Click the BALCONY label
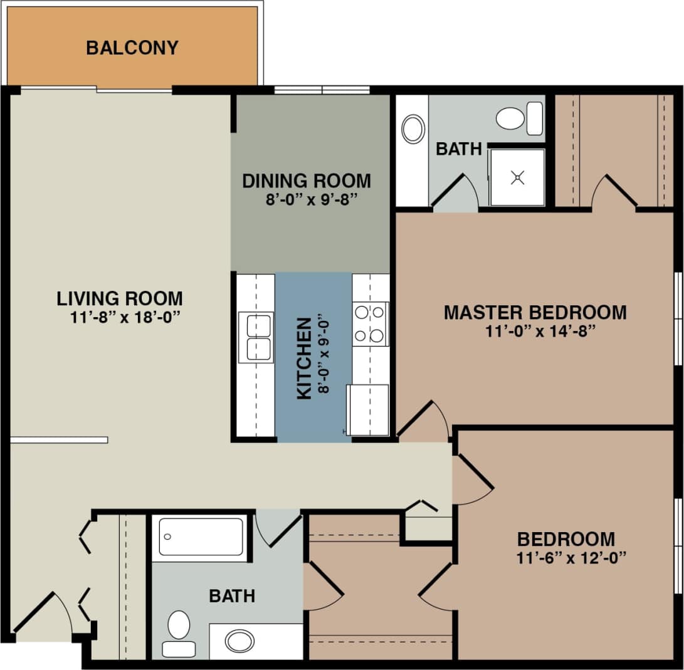(132, 48)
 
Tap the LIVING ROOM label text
(120, 298)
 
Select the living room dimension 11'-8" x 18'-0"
(125, 317)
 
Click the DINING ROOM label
(307, 181)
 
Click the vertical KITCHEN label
(303, 358)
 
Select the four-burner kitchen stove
(370, 323)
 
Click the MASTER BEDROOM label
(535, 312)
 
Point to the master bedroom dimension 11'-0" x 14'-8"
(535, 331)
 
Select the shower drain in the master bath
(517, 178)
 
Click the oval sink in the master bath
(413, 129)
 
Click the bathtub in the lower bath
(201, 536)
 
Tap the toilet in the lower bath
(179, 630)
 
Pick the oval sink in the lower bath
(239, 641)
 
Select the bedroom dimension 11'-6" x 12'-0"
(566, 557)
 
